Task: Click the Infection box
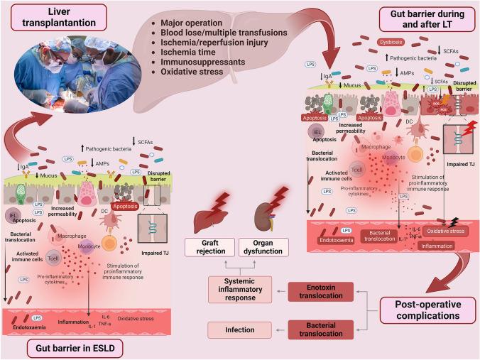point(240,329)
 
